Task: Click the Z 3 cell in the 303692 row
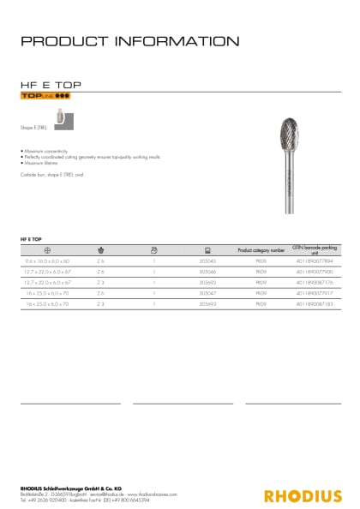click(100, 281)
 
